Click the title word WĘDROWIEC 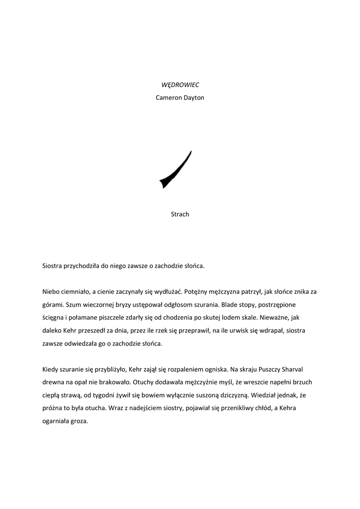(x=180, y=85)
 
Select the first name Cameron (x=169, y=97)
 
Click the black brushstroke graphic (x=175, y=170)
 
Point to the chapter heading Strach (x=180, y=214)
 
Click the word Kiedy (x=51, y=369)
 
